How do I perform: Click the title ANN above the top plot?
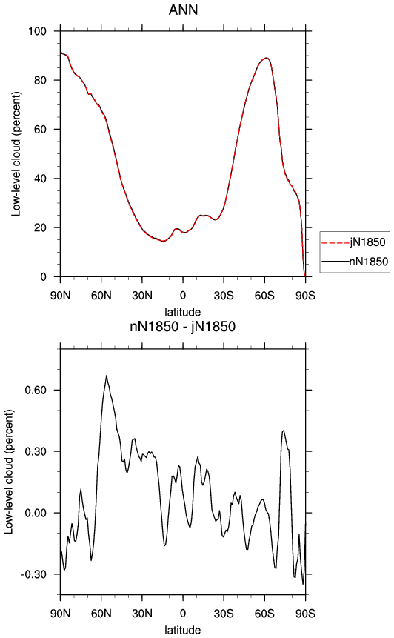point(183,10)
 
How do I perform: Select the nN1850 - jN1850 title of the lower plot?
point(183,326)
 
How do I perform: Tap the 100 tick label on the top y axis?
point(37,31)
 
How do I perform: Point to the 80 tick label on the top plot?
point(40,80)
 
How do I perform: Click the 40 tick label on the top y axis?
point(40,179)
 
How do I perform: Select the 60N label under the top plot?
point(101,296)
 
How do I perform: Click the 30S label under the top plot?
point(224,296)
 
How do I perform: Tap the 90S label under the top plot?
point(305,296)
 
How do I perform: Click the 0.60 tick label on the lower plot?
point(36,391)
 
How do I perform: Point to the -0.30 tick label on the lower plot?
point(34,574)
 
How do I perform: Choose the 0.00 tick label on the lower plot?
point(36,513)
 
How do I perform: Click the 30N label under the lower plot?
point(142,614)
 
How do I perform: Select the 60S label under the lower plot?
point(264,614)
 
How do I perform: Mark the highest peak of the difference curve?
point(107,376)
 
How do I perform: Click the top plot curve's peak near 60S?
point(267,58)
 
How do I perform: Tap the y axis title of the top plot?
point(16,154)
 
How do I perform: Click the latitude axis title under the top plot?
point(183,312)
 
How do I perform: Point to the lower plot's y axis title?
point(9,472)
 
